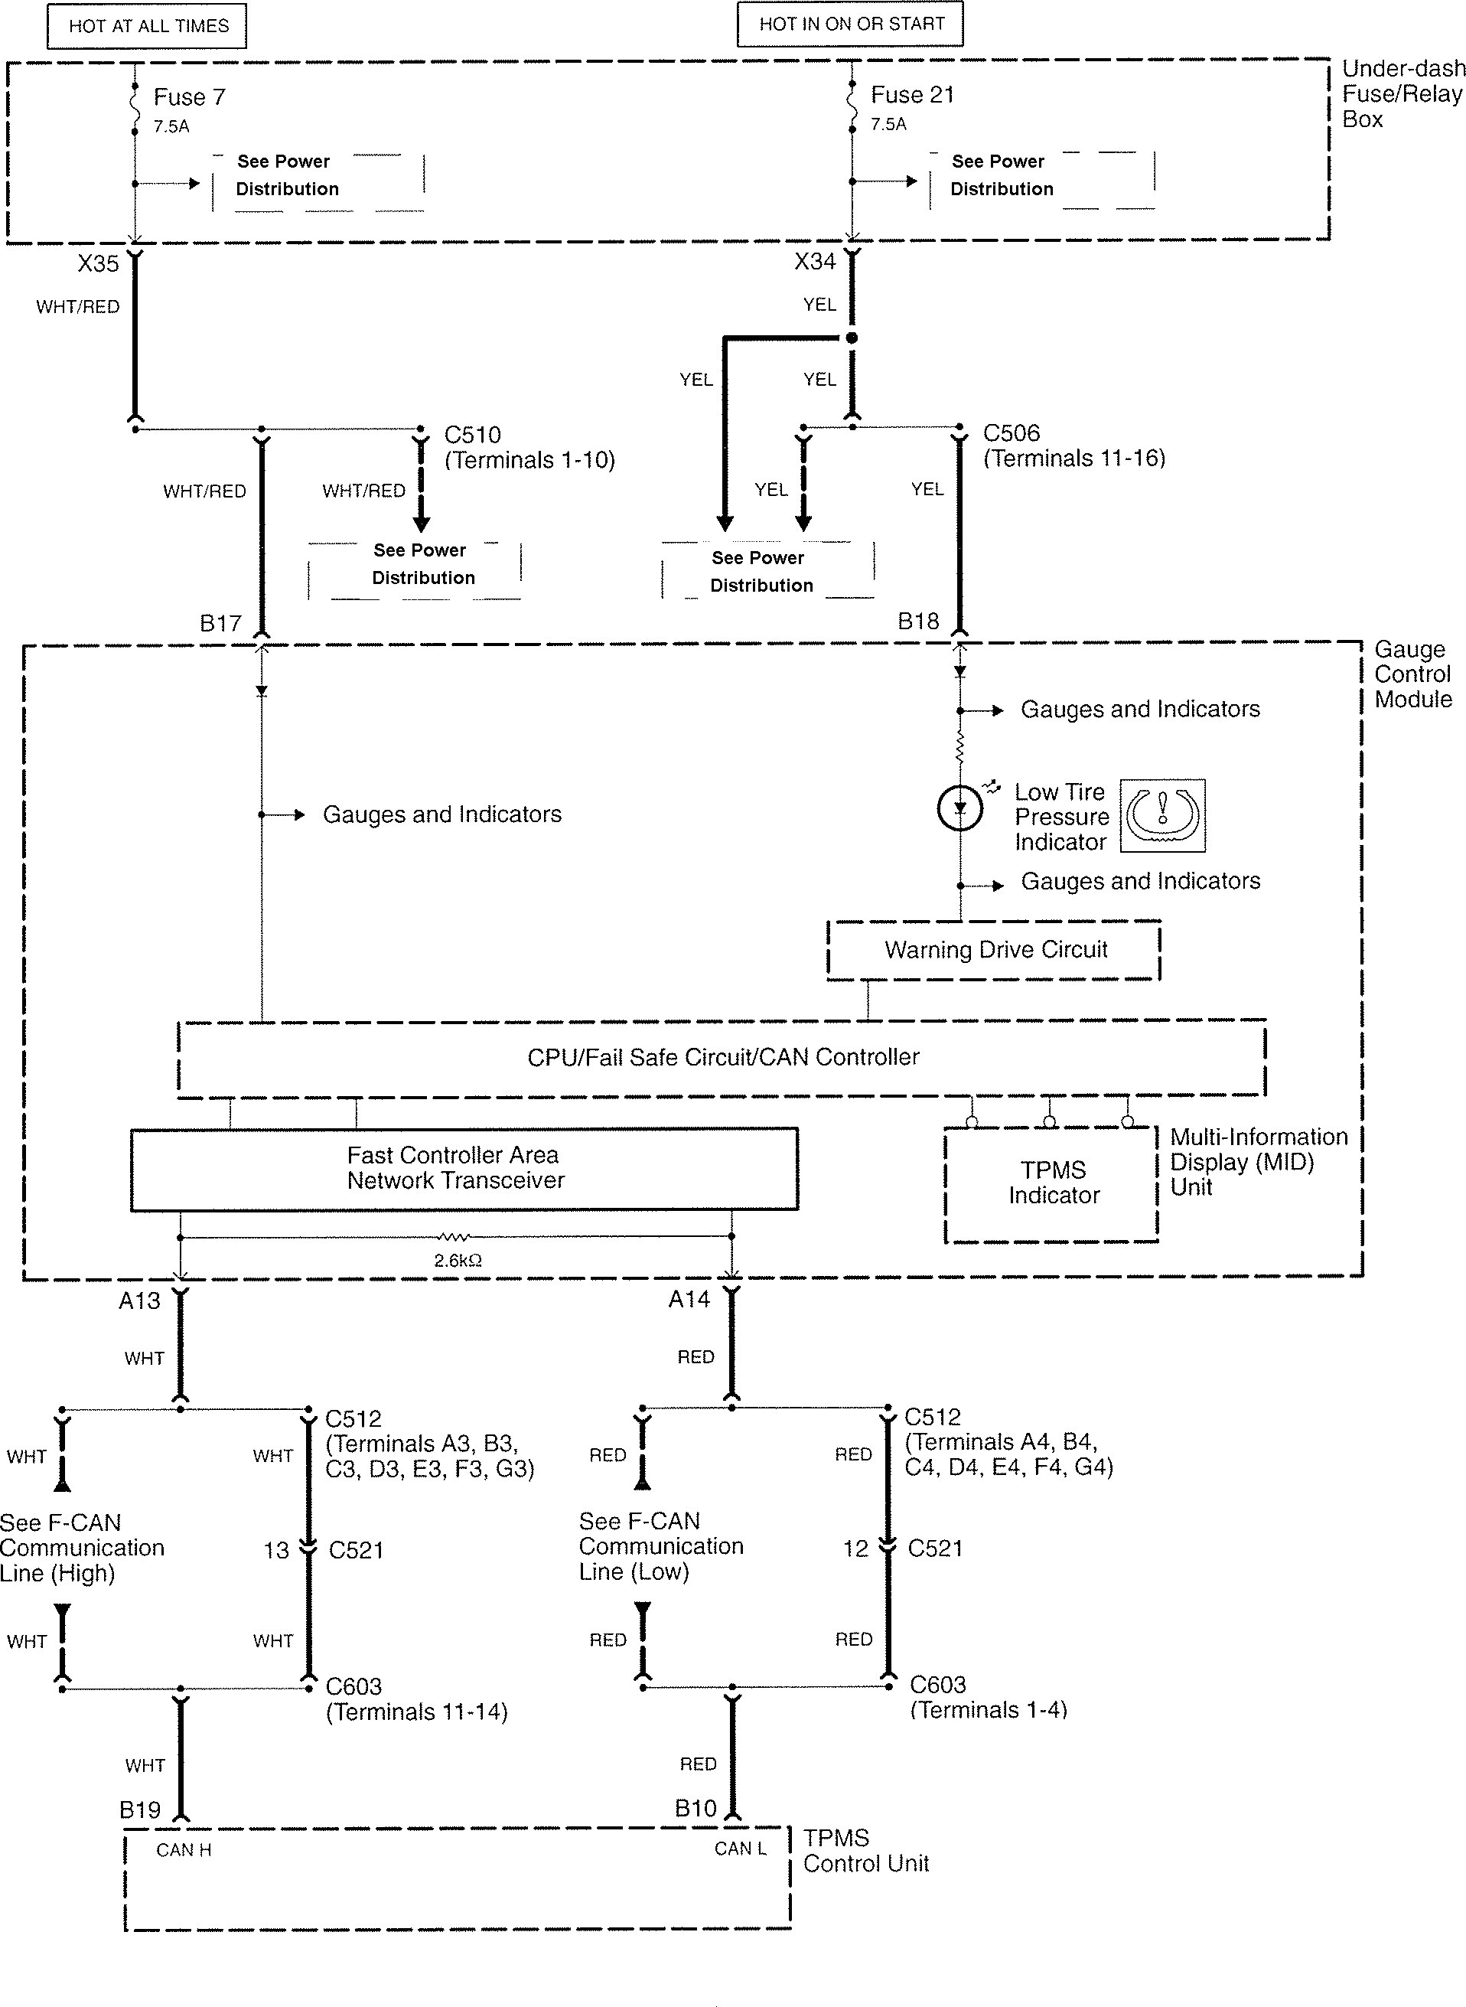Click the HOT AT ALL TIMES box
point(148,26)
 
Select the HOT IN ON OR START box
point(850,24)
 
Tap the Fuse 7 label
point(189,96)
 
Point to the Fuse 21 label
point(912,95)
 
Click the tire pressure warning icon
point(1161,815)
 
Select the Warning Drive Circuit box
point(994,950)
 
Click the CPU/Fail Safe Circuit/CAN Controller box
point(722,1057)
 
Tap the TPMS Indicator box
point(1053,1183)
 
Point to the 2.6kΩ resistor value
point(458,1260)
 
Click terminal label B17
point(220,623)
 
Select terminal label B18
point(917,622)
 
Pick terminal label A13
point(139,1300)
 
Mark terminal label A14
point(689,1300)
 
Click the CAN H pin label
point(184,1850)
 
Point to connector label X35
point(98,263)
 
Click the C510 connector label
point(472,435)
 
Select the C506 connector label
point(1011,433)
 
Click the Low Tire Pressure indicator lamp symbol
point(959,808)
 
